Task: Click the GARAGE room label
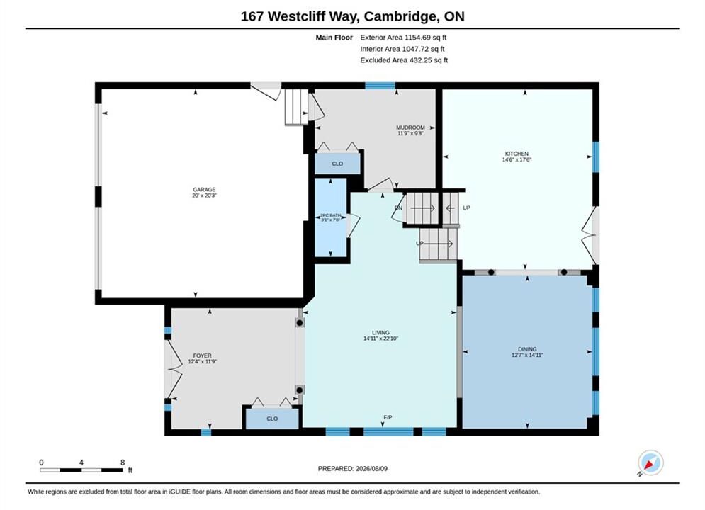(204, 190)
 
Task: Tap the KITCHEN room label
(517, 154)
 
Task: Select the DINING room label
(527, 349)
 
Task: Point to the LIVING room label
(380, 333)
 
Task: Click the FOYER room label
(203, 356)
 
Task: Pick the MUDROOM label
(410, 127)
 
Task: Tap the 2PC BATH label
(330, 215)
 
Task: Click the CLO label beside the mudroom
(337, 164)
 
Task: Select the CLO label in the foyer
(272, 419)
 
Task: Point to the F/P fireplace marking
(388, 417)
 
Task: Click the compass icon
(650, 463)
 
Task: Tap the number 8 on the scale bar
(123, 463)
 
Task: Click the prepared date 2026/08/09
(371, 469)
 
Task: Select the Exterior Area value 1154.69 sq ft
(425, 38)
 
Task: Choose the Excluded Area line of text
(404, 60)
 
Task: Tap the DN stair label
(398, 208)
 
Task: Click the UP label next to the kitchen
(466, 208)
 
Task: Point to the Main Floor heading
(334, 38)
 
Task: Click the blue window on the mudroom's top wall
(380, 86)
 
